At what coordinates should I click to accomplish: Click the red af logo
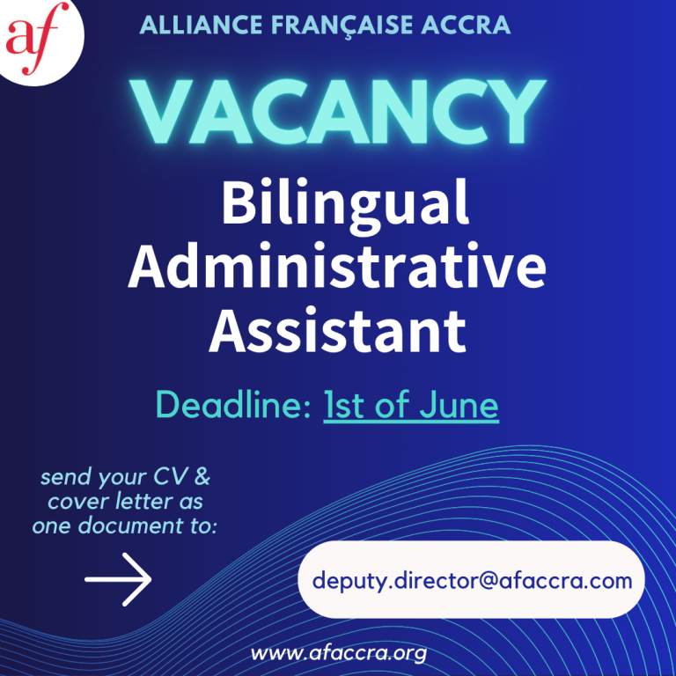[32, 38]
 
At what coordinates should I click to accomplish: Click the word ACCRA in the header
[466, 25]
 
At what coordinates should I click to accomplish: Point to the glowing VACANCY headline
[338, 112]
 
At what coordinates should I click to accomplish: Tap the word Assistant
[338, 331]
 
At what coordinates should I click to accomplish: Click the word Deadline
[233, 404]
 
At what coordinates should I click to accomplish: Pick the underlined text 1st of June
[411, 405]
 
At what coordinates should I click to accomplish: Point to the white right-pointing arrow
[118, 579]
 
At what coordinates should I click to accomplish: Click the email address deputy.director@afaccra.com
[472, 580]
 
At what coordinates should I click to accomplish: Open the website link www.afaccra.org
[339, 654]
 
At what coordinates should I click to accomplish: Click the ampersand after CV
[202, 477]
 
